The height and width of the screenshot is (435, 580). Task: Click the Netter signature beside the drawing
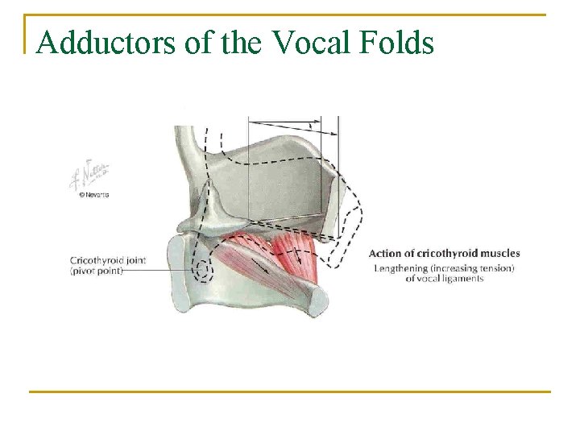pyautogui.click(x=89, y=176)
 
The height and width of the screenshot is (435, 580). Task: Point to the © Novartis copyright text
pyautogui.click(x=93, y=195)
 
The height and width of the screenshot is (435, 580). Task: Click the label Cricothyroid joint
pyautogui.click(x=110, y=260)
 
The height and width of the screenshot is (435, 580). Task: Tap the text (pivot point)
pyautogui.click(x=97, y=271)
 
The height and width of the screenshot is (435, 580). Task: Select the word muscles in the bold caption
pyautogui.click(x=499, y=253)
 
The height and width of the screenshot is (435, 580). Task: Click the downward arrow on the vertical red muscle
pyautogui.click(x=299, y=257)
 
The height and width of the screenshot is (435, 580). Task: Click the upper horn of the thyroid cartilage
pyautogui.click(x=190, y=145)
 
